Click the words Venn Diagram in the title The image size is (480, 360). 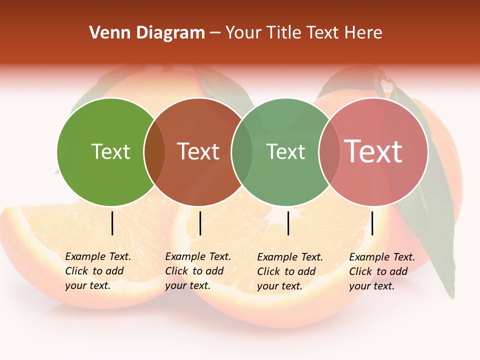point(147,33)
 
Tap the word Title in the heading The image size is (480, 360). point(285,33)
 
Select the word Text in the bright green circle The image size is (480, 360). point(110,151)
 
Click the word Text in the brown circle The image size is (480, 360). point(198,151)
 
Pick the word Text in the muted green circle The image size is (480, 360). point(285,151)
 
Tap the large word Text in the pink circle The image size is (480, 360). point(373,151)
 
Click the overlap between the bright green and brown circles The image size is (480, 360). point(154,152)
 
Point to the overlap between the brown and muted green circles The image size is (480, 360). point(242,152)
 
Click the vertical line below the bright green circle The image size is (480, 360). point(112,223)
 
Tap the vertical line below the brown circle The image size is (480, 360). point(200,223)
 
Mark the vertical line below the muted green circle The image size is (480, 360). point(288,223)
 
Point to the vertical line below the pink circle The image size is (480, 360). point(372,223)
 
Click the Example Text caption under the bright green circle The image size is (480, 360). point(98,271)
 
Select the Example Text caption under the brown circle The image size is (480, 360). point(198,271)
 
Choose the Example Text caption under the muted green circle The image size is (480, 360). point(290,271)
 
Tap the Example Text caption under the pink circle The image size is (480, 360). point(382,271)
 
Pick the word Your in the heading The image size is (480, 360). point(243,33)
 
